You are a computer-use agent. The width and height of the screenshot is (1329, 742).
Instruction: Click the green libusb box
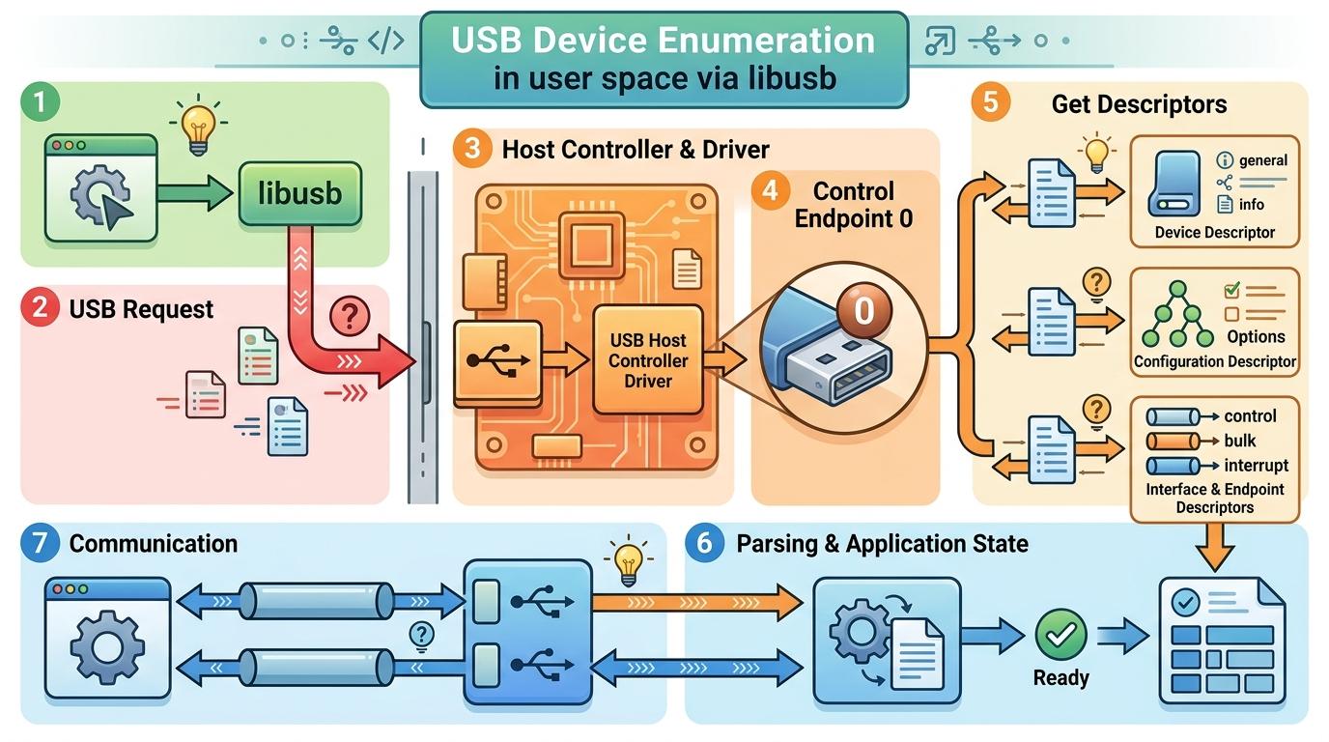[x=299, y=194]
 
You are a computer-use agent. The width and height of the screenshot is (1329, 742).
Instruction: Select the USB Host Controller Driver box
[x=648, y=360]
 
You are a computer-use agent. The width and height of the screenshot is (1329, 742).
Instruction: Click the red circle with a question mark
[x=350, y=316]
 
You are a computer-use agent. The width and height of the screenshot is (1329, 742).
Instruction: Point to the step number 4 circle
[x=770, y=191]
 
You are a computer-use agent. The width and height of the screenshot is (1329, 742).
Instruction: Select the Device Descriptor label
[x=1214, y=233]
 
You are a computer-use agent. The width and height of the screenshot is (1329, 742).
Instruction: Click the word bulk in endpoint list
[x=1240, y=441]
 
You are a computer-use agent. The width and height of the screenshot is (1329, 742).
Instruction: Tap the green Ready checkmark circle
[x=1060, y=635]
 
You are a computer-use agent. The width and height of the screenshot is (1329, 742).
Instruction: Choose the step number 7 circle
[x=41, y=543]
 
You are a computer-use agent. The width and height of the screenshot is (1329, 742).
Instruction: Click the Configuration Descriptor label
[x=1214, y=362]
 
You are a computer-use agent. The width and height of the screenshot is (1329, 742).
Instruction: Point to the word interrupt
[x=1256, y=465]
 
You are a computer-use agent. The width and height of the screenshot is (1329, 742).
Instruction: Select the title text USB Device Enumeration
[x=663, y=41]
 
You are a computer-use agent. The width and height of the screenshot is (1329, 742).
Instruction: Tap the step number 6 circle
[x=704, y=543]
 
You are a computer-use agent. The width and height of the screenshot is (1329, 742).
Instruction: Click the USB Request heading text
[x=141, y=309]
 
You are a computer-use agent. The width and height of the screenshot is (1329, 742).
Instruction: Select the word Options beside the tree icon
[x=1256, y=336]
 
